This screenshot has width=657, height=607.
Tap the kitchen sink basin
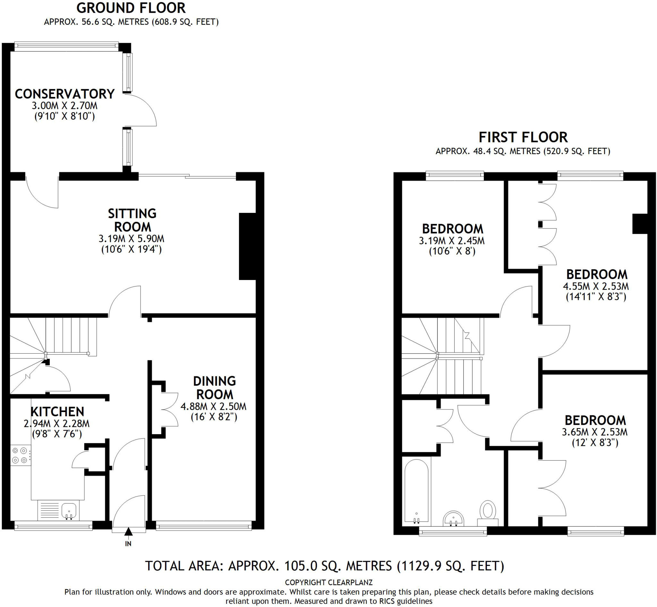(x=69, y=511)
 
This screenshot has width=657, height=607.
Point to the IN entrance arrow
(x=128, y=532)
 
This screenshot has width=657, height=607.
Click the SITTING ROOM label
(x=132, y=220)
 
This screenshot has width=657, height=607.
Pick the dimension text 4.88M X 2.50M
(x=213, y=407)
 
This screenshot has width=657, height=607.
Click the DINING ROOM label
(x=214, y=388)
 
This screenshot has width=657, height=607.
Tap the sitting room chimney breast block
(x=247, y=246)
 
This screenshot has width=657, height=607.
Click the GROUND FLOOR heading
(x=131, y=8)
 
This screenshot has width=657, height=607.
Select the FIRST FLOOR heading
(x=523, y=137)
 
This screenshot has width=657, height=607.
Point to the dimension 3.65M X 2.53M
(x=594, y=432)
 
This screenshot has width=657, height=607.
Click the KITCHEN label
(x=57, y=411)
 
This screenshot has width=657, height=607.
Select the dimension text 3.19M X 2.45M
(x=451, y=241)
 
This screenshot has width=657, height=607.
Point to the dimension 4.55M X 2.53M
(x=596, y=286)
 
